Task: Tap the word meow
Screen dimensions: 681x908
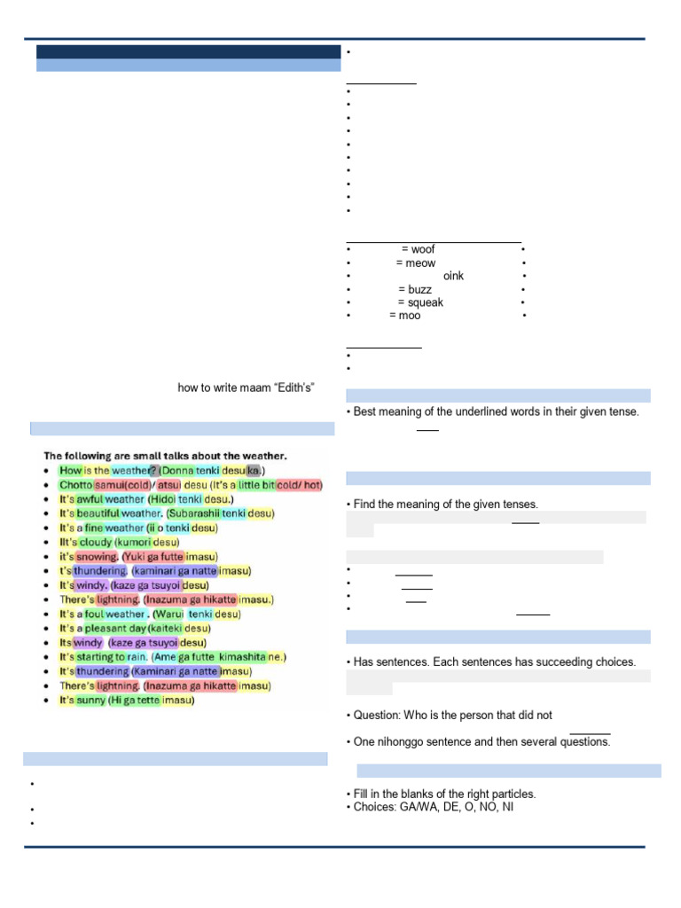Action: click(420, 262)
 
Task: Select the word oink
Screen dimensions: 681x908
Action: click(453, 276)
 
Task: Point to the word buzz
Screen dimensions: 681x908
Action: click(420, 289)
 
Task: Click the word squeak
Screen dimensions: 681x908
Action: click(426, 302)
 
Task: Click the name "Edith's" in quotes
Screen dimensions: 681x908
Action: click(297, 387)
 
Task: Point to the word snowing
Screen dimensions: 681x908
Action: click(97, 556)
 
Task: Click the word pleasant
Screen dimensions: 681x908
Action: click(98, 628)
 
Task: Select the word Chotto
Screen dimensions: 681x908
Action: click(75, 484)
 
